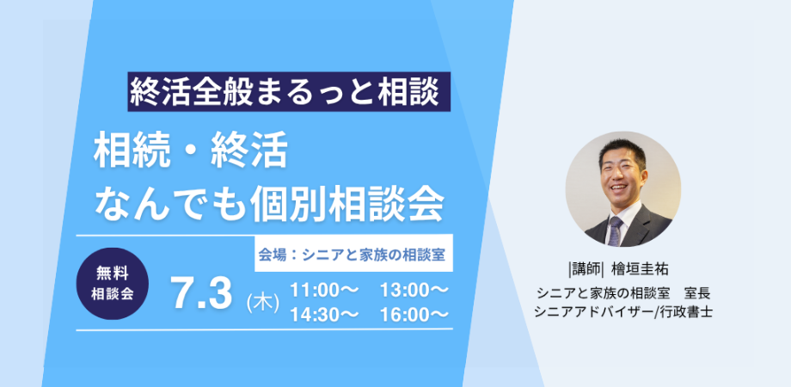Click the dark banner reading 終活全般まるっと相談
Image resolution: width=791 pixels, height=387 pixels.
click(x=289, y=92)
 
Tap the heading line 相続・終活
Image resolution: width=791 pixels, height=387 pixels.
click(x=191, y=150)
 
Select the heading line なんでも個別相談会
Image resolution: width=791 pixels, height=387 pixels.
click(x=269, y=203)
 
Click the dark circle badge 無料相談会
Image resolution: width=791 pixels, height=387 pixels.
click(x=113, y=284)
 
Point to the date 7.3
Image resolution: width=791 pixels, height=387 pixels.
click(x=202, y=293)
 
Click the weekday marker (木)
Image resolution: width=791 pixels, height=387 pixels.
click(x=263, y=304)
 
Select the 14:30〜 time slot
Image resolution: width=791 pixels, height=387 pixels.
click(x=324, y=314)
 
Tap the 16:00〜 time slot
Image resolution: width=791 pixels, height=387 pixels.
click(x=414, y=314)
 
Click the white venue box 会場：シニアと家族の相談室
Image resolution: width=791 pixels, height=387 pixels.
click(x=353, y=254)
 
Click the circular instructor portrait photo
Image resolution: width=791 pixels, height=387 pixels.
click(x=623, y=189)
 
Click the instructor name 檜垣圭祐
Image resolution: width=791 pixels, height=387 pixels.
click(x=640, y=269)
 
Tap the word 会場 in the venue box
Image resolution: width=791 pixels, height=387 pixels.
click(x=272, y=255)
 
